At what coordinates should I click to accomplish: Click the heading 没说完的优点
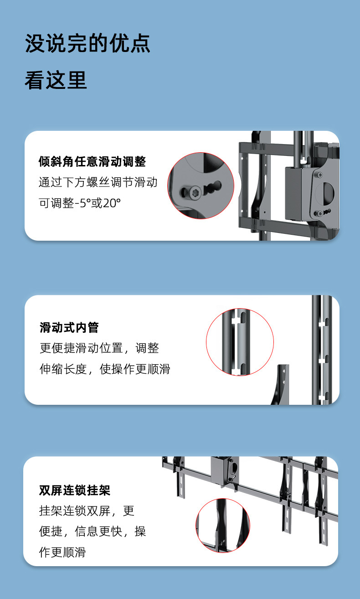[87, 44]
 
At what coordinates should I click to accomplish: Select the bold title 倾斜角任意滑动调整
[92, 161]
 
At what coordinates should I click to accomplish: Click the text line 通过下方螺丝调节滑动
[98, 182]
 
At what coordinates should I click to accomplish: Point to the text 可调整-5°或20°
[80, 203]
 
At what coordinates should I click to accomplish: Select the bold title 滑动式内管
[69, 327]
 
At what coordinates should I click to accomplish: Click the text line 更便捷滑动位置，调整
[99, 348]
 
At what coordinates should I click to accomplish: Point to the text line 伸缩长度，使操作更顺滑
[105, 369]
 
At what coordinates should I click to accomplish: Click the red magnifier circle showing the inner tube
[240, 342]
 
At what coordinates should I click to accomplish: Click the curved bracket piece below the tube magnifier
[282, 385]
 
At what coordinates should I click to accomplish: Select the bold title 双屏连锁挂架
[75, 491]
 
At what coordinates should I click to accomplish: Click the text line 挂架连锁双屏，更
[87, 511]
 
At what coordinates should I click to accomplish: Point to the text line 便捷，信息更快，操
[93, 532]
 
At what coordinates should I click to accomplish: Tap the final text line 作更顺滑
[62, 552]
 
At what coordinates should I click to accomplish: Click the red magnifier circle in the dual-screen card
[223, 526]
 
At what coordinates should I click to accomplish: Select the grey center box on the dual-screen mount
[224, 470]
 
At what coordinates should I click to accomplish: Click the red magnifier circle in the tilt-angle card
[201, 186]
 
